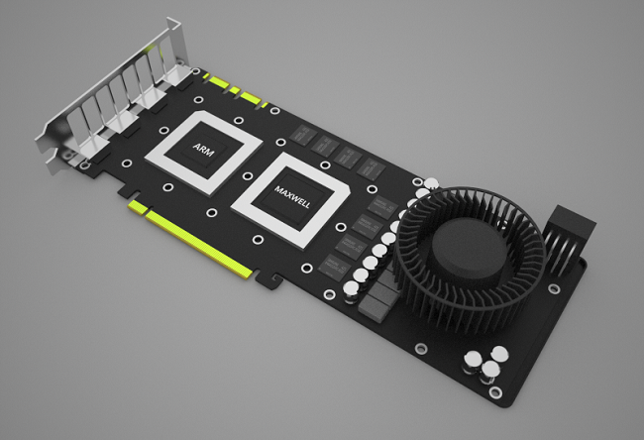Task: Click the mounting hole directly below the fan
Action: (x=421, y=348)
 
